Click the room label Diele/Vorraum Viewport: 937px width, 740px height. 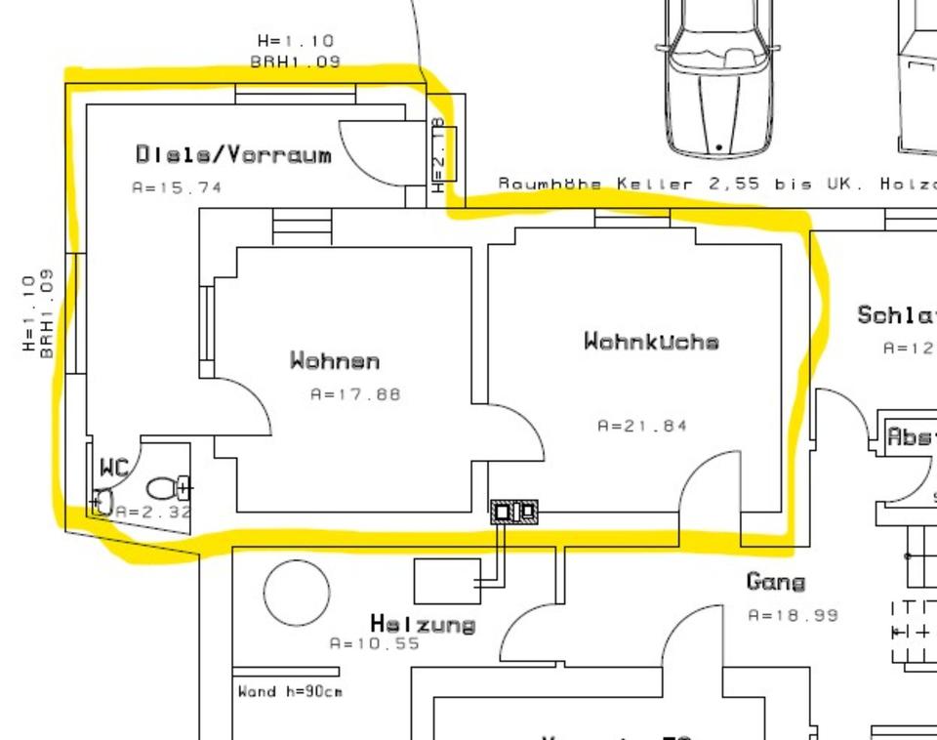[233, 154]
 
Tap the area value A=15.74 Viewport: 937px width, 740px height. [177, 187]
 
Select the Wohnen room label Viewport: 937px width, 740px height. [334, 361]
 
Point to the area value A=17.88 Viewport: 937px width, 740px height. [355, 395]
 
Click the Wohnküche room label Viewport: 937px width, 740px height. [651, 342]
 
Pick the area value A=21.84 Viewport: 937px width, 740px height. [642, 426]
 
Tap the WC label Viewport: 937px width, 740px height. [114, 469]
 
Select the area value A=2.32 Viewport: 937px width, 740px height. [153, 512]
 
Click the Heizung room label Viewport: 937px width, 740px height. [423, 624]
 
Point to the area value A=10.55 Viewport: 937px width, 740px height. [375, 644]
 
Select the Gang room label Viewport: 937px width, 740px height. [776, 582]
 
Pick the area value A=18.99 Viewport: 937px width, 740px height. [793, 616]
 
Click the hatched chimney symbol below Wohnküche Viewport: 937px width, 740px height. [514, 512]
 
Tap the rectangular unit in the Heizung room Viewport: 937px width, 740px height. [447, 581]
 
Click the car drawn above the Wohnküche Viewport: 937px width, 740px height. [718, 78]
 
